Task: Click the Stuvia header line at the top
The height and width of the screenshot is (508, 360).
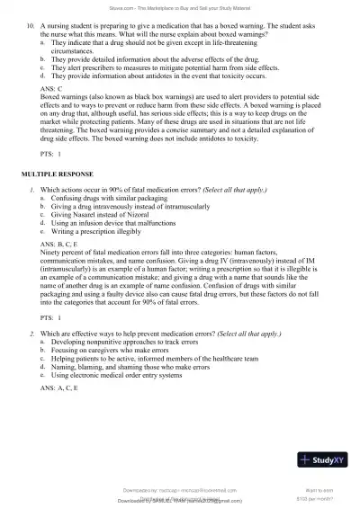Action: pyautogui.click(x=180, y=7)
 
